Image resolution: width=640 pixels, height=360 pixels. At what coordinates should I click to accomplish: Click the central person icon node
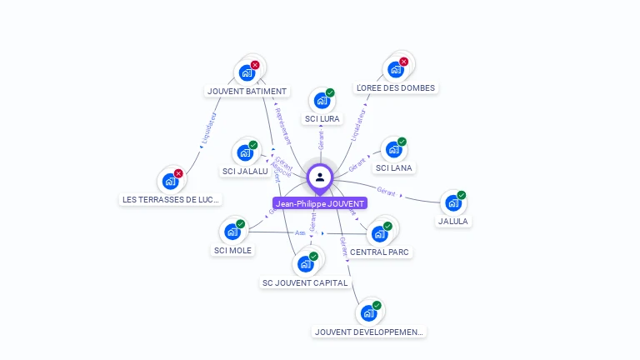pyautogui.click(x=320, y=177)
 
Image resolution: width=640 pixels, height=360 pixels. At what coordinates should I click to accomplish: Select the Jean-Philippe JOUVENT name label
pyautogui.click(x=320, y=203)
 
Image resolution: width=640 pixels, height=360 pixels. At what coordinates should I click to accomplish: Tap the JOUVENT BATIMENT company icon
pyautogui.click(x=246, y=72)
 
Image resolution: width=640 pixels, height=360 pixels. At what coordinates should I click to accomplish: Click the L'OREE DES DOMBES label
pyautogui.click(x=395, y=87)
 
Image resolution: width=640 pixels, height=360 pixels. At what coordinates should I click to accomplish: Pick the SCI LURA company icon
pyautogui.click(x=321, y=101)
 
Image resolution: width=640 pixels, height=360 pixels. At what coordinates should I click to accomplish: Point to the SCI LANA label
pyautogui.click(x=394, y=167)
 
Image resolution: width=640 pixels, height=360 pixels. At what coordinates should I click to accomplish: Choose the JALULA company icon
pyautogui.click(x=452, y=203)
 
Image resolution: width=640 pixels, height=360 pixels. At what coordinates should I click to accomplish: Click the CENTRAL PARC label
pyautogui.click(x=381, y=252)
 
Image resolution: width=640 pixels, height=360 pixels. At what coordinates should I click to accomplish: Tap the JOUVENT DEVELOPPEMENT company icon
pyautogui.click(x=368, y=314)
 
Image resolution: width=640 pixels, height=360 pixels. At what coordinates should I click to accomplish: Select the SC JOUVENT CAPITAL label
pyautogui.click(x=305, y=282)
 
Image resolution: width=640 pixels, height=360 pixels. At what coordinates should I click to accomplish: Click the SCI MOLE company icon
pyautogui.click(x=232, y=232)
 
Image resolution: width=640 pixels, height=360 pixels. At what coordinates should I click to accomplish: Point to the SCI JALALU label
pyautogui.click(x=245, y=171)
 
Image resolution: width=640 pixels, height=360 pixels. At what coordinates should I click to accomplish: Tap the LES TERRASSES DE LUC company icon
pyautogui.click(x=170, y=181)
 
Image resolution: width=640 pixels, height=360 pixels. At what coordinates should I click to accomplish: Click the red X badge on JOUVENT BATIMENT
pyautogui.click(x=255, y=64)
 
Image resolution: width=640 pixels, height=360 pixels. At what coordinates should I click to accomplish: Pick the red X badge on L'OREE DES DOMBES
pyautogui.click(x=403, y=62)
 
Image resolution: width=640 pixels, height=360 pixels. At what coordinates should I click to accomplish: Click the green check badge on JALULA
pyautogui.click(x=462, y=195)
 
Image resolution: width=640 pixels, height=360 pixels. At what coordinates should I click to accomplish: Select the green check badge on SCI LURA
pyautogui.click(x=330, y=92)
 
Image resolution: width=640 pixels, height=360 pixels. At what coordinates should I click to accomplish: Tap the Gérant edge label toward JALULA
pyautogui.click(x=387, y=191)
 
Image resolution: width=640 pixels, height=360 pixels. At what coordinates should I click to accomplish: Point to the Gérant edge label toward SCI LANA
pyautogui.click(x=358, y=163)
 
